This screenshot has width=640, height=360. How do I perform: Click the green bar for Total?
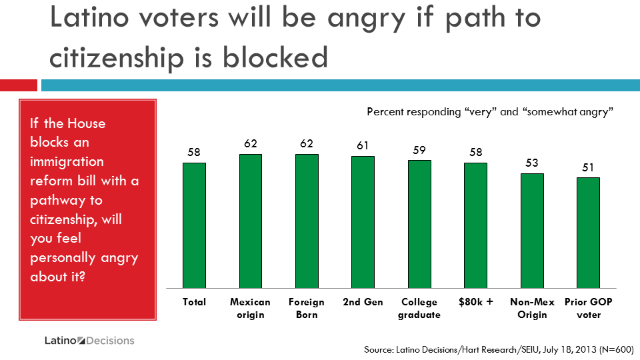point(194,224)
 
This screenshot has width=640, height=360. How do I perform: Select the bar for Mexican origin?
point(250,220)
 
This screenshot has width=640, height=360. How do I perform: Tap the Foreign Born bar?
point(307,220)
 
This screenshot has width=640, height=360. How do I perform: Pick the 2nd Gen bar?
point(363,221)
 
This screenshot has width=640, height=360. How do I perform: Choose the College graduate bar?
point(419,223)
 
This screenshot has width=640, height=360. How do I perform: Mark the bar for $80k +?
point(475,224)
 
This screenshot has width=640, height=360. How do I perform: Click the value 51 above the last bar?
point(589,167)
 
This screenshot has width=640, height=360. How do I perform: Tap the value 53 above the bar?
point(532,163)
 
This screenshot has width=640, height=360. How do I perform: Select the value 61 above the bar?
point(363,145)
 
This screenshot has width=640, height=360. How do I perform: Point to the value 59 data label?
point(419,150)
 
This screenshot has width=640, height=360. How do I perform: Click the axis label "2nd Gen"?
point(363,302)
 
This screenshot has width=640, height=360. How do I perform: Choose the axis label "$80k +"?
point(475,302)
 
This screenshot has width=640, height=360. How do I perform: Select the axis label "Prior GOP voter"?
point(588,308)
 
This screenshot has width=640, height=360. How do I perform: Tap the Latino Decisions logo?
point(89,341)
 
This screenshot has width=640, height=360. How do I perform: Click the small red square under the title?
point(18,85)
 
